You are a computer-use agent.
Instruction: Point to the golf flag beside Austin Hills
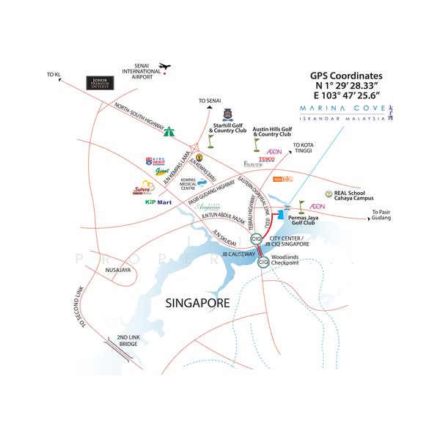point(255,143)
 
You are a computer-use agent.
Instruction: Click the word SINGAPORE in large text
point(197,302)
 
